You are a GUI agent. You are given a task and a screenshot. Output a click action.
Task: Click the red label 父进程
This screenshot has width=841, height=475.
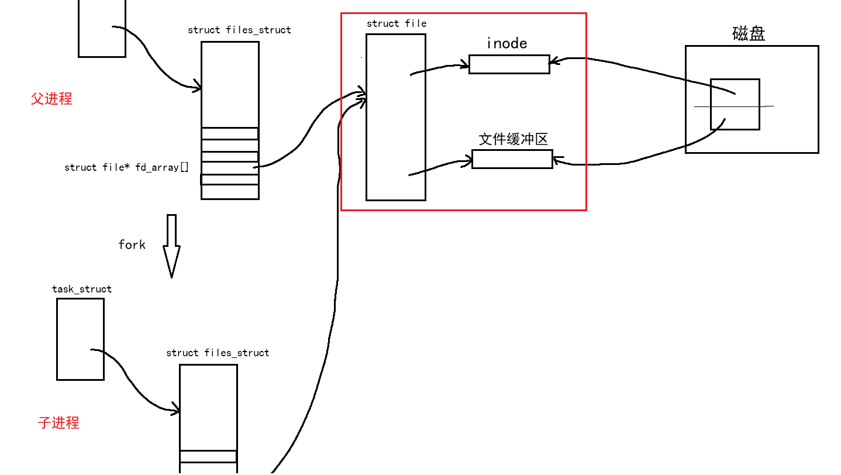pos(51,98)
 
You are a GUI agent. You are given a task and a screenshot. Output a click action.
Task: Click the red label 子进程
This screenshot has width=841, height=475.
pos(58,422)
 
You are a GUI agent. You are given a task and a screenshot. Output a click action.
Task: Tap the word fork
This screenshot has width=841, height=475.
pos(132,244)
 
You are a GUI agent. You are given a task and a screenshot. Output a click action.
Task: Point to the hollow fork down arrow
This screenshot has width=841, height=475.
pos(171,246)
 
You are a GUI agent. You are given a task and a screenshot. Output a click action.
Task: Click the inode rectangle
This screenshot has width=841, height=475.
pos(509,64)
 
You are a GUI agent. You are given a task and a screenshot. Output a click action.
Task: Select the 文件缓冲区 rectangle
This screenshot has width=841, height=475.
pos(512,159)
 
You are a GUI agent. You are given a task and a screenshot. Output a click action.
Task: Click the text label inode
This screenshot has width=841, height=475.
pos(506,43)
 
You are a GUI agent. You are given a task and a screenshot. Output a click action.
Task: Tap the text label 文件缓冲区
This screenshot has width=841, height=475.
pos(513,139)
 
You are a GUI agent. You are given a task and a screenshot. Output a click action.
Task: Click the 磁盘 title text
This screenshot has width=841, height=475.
pos(749,33)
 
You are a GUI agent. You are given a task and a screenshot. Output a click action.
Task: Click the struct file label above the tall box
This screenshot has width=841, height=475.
pos(396,23)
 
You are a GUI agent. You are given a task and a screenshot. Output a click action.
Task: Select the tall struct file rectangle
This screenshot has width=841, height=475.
pos(395,117)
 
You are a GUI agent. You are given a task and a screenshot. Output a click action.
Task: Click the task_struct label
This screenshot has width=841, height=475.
pos(81,289)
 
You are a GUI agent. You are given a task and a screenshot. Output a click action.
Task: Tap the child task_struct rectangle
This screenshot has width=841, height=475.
pos(80,339)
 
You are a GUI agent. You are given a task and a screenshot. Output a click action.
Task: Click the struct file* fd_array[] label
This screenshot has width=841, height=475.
pos(126,167)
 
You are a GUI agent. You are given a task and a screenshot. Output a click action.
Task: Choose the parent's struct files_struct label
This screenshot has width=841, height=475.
pos(239,30)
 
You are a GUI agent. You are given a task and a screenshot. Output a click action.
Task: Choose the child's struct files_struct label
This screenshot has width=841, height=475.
pos(218,353)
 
